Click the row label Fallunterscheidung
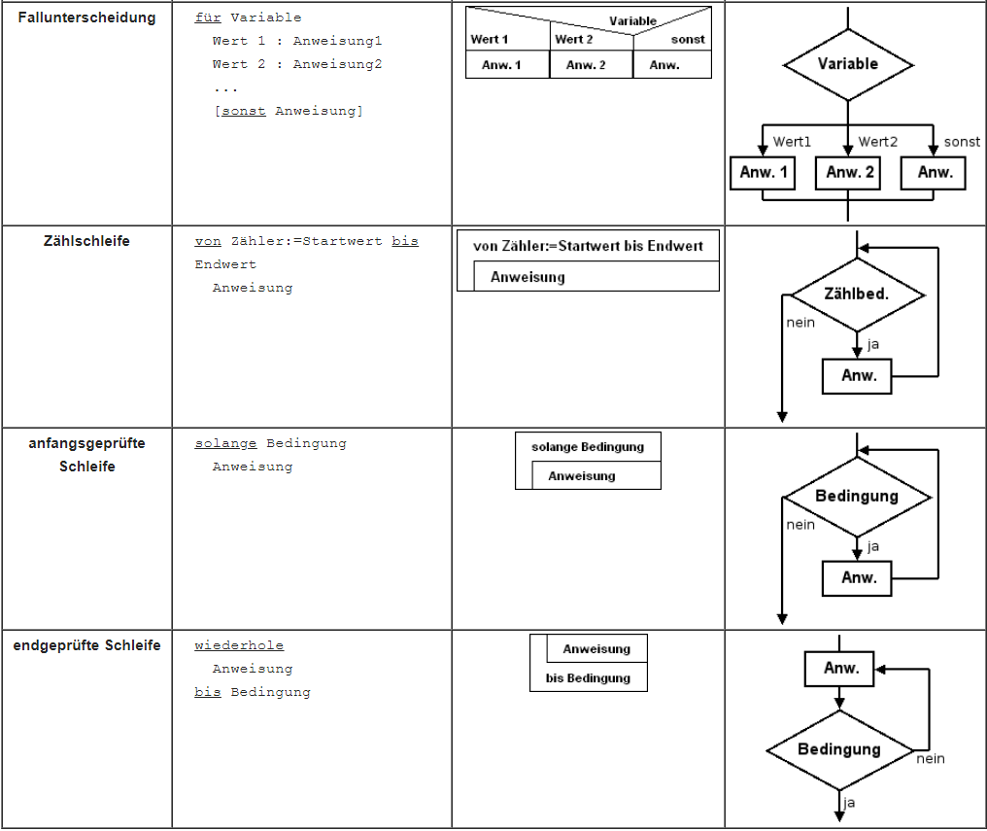[86, 17]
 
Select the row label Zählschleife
[86, 241]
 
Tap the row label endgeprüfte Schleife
[86, 645]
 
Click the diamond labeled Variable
[848, 64]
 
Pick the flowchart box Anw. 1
[763, 172]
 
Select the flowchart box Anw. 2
[848, 172]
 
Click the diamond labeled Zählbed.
[858, 294]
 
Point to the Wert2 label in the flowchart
[878, 142]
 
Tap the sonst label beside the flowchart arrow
[962, 142]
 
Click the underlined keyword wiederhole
[239, 645]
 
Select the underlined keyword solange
[225, 443]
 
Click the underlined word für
[208, 17]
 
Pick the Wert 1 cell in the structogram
[489, 39]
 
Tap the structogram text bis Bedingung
[588, 678]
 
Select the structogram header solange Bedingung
[588, 446]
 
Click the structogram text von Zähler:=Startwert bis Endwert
[588, 246]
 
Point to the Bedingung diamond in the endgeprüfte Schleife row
[839, 749]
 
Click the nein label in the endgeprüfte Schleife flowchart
[931, 759]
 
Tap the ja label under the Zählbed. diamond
[872, 344]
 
